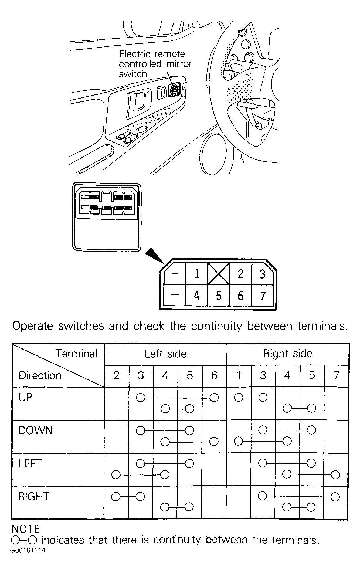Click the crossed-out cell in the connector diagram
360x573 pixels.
click(219, 274)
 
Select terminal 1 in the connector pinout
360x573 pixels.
click(197, 274)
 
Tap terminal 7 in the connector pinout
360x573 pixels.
click(263, 296)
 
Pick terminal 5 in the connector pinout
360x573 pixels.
click(219, 296)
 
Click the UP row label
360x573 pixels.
click(25, 398)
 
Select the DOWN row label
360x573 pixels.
click(35, 430)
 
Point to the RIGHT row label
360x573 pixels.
click(34, 496)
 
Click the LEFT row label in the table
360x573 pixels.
click(30, 463)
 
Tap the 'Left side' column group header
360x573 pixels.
click(165, 354)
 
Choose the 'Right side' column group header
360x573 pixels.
click(287, 354)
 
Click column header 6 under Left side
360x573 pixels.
click(214, 375)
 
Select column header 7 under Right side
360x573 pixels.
click(336, 375)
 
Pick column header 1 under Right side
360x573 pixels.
click(239, 375)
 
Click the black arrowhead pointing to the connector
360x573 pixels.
click(154, 255)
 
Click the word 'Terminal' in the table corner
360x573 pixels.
click(76, 354)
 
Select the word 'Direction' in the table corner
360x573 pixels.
click(40, 375)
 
